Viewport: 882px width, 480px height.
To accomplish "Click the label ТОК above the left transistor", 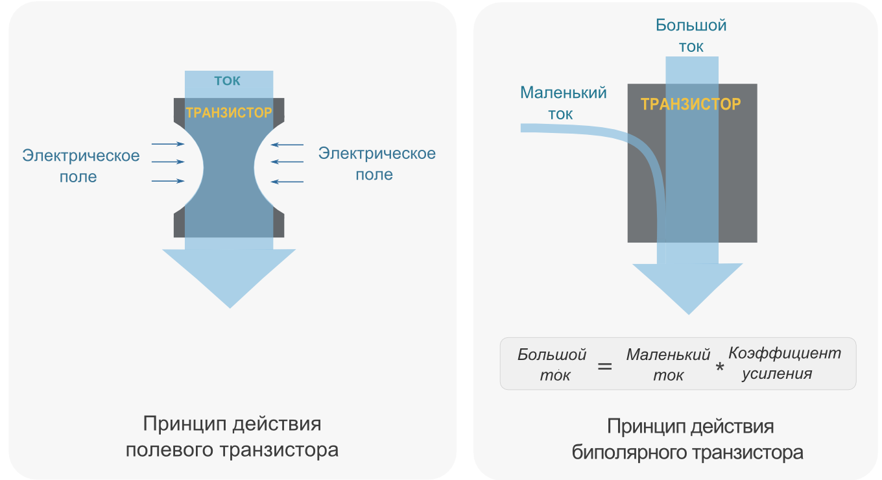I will [x=227, y=81].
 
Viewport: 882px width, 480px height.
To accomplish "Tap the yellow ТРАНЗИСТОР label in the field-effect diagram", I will [x=229, y=112].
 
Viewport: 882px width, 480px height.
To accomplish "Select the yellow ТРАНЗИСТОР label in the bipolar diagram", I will [x=691, y=104].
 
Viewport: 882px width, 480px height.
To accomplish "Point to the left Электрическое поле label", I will [x=81, y=166].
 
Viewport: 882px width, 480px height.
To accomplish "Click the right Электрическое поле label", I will [x=377, y=163].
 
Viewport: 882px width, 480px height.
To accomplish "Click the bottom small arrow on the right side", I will [x=287, y=182].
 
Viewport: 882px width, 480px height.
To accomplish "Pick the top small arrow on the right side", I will [x=287, y=144].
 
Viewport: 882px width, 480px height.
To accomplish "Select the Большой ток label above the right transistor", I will [x=691, y=36].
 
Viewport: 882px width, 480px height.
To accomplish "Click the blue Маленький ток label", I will [x=563, y=102].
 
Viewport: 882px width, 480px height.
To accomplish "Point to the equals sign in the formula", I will [x=604, y=366].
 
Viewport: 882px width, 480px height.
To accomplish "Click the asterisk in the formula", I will [x=719, y=368].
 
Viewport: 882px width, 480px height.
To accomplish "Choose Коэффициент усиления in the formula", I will [x=785, y=363].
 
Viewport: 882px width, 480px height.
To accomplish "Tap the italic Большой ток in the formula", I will [x=553, y=365].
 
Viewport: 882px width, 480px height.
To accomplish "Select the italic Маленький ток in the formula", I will [x=669, y=365].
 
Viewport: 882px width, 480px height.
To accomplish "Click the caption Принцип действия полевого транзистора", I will [x=232, y=437].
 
